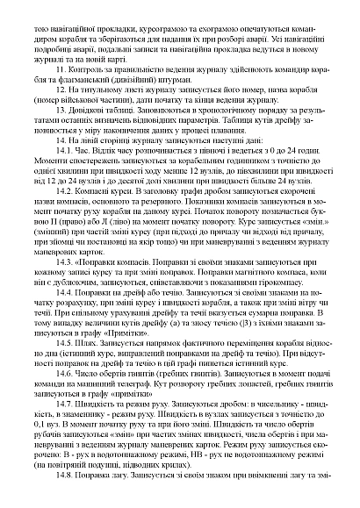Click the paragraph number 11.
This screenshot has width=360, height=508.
[58, 68]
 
